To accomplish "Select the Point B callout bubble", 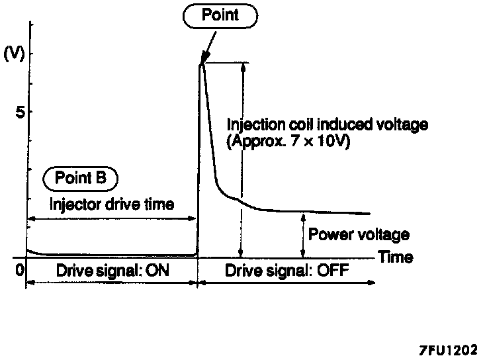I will [x=80, y=177].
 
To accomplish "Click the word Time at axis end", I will [x=396, y=257].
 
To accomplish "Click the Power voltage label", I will [x=359, y=234].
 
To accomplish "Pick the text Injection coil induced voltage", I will [x=327, y=124].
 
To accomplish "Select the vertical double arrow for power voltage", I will [x=303, y=234].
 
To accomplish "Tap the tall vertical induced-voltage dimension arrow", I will [x=241, y=159].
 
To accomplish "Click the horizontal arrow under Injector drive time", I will [x=111, y=218].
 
